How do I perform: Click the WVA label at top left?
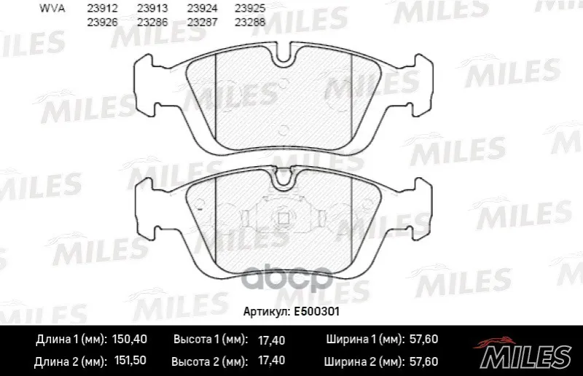pos(52,9)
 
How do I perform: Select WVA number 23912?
pos(102,9)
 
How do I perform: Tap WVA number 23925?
pos(250,9)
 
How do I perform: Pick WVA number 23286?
pos(152,23)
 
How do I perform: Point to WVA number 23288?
pos(250,23)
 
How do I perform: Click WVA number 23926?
pos(102,23)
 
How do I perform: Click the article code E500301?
pos(317,312)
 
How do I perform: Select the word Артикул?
pos(266,312)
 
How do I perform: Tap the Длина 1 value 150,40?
pos(130,339)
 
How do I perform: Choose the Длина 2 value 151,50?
pos(129,361)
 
